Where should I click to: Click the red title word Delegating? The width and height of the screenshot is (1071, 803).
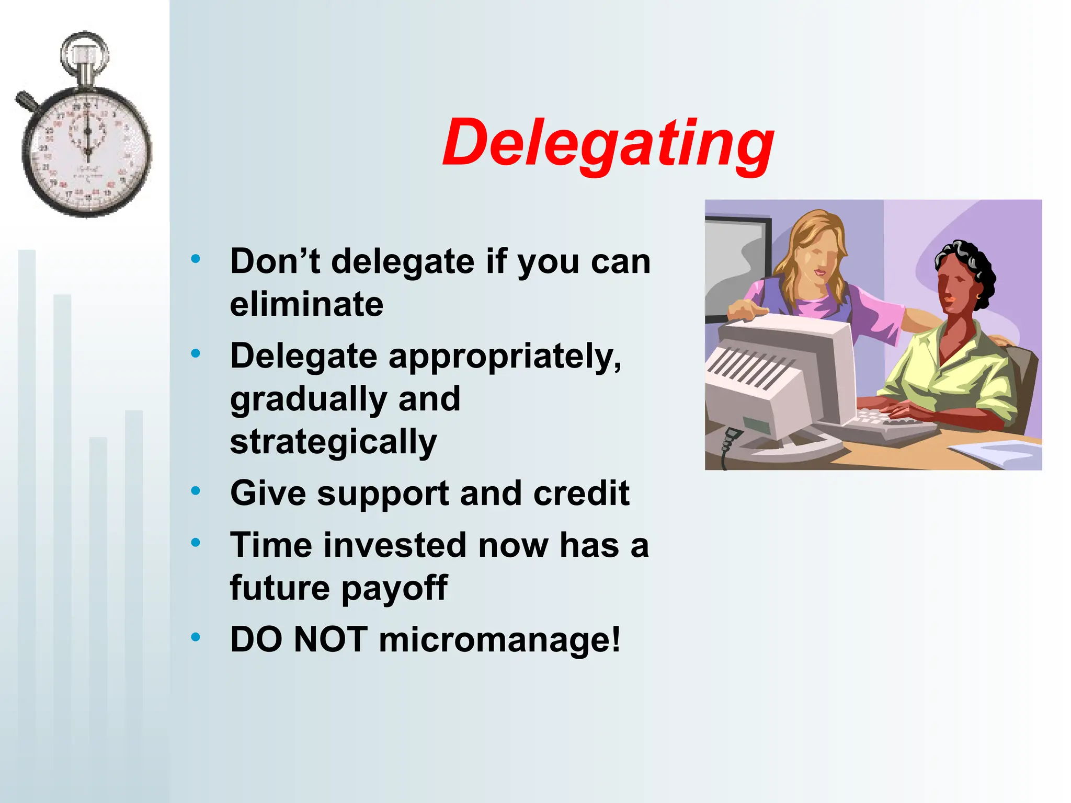(608, 144)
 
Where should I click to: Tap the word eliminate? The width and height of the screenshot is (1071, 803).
(306, 304)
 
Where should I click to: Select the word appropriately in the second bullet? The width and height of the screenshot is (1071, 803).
(505, 357)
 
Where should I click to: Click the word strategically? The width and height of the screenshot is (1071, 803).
(333, 442)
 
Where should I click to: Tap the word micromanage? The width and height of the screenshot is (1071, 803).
(499, 640)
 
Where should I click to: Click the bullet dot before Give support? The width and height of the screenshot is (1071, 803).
(196, 491)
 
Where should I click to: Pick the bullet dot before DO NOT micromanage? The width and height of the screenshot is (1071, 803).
(196, 637)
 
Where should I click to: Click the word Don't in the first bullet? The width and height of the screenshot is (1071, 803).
(275, 261)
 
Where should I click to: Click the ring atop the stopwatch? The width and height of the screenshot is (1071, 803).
(84, 52)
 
